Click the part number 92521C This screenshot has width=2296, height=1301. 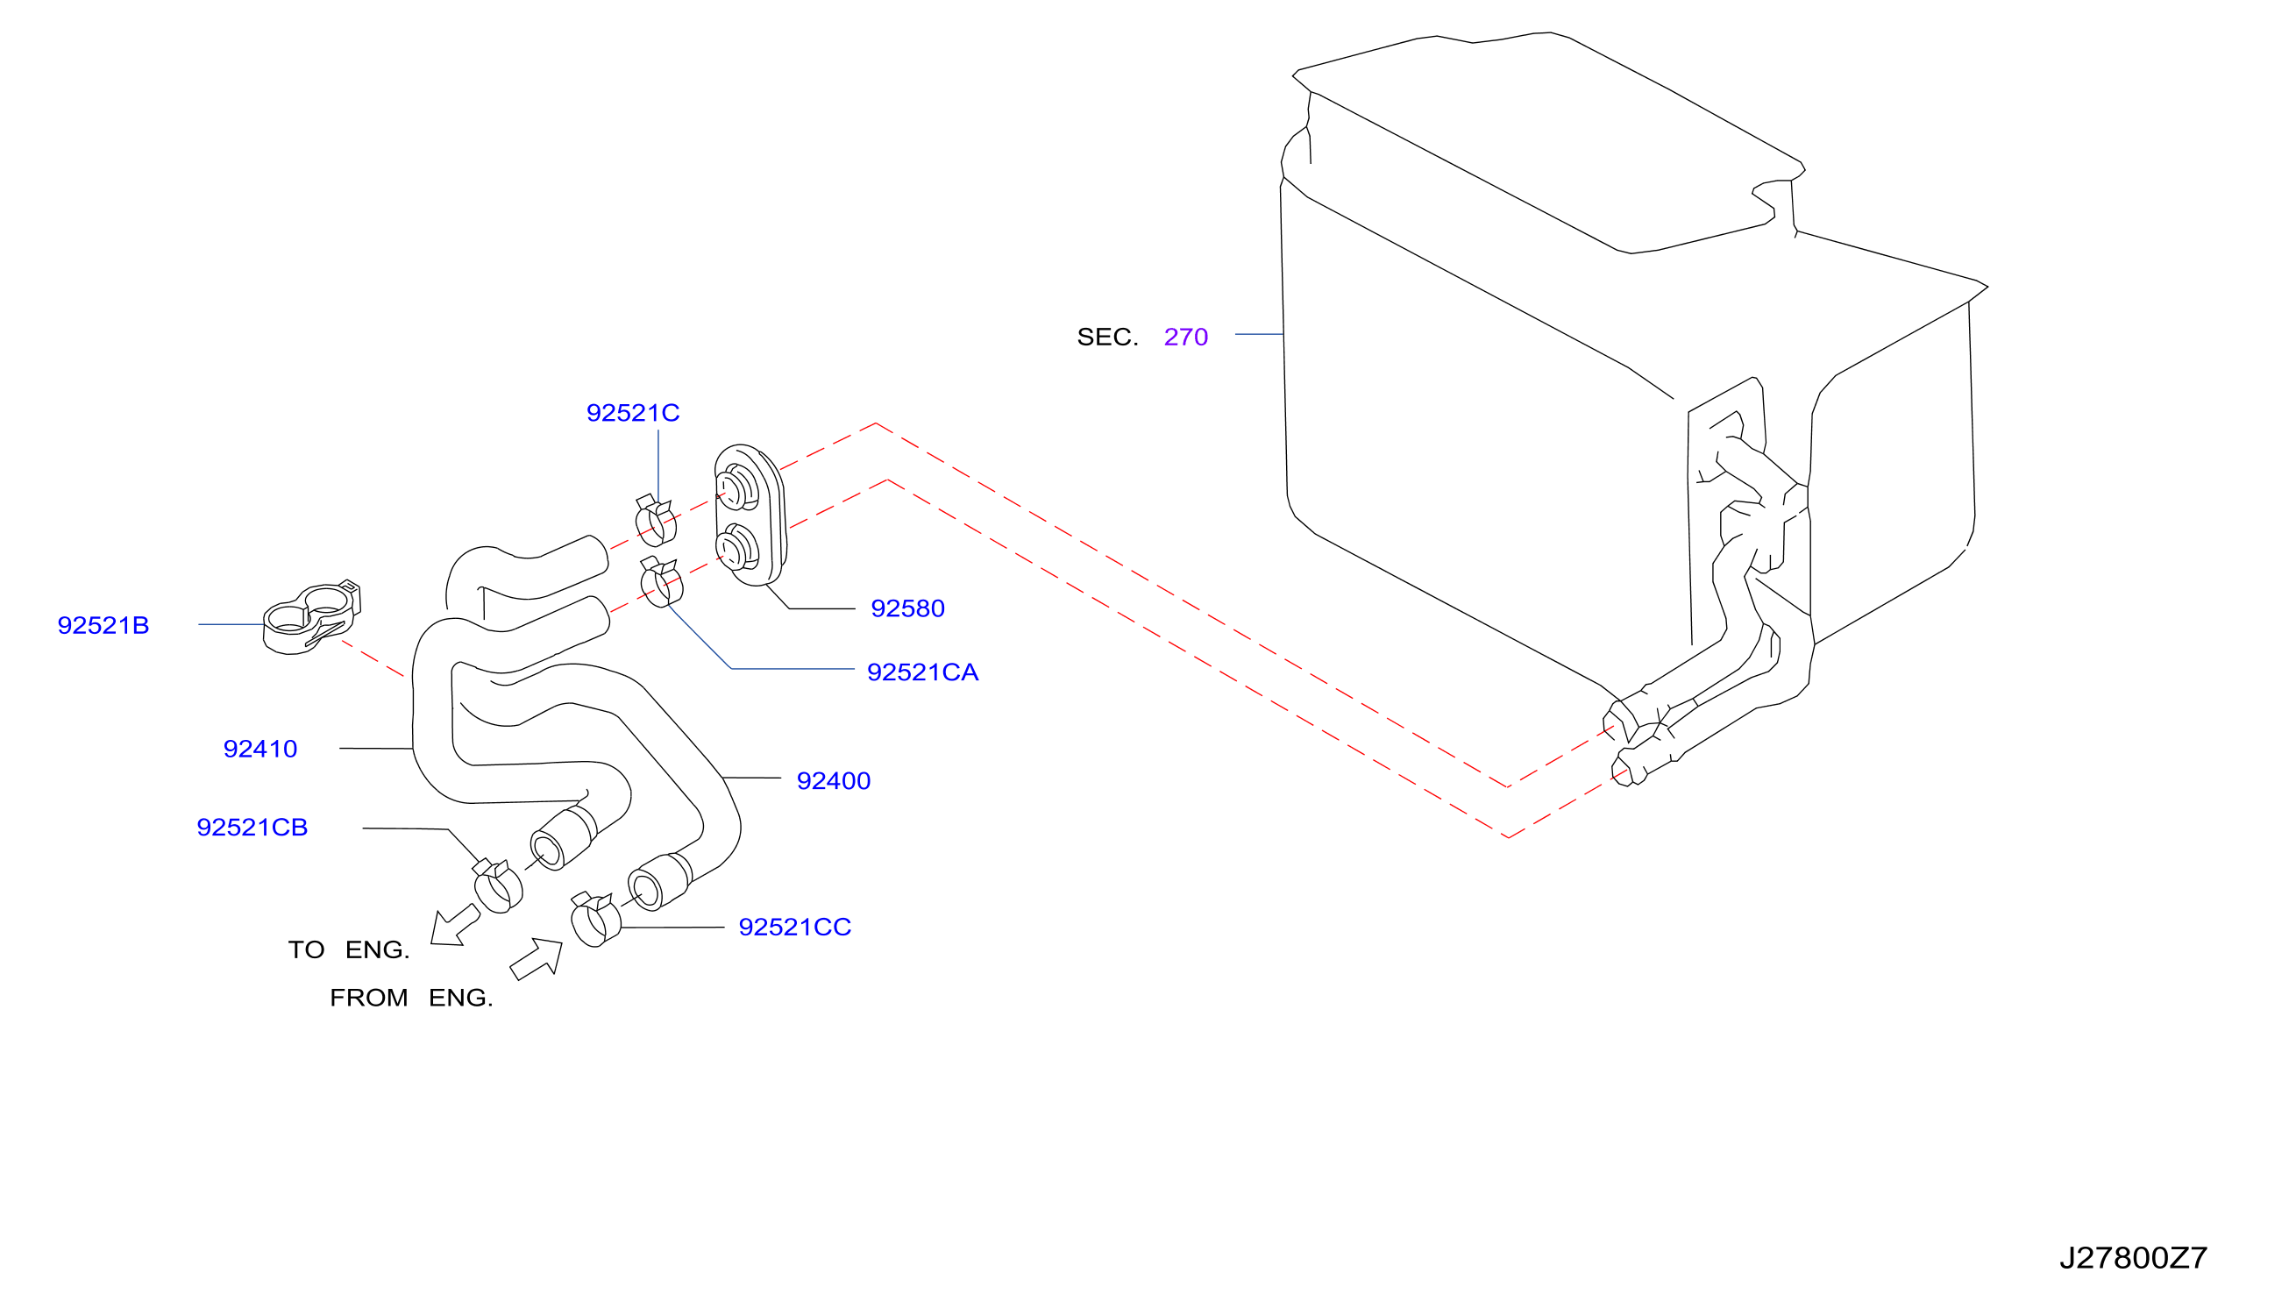[632, 413]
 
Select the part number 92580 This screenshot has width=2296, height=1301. [907, 608]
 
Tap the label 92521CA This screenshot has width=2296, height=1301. [923, 672]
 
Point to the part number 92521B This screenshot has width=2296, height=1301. [103, 625]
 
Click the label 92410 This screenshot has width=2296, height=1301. [260, 749]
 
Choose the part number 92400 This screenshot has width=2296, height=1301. [834, 781]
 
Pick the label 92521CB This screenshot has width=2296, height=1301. [252, 828]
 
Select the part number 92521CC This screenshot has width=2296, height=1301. [795, 928]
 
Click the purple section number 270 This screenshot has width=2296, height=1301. [1185, 337]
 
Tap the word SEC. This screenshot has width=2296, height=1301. [1108, 337]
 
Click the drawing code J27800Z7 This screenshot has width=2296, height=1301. [2134, 1258]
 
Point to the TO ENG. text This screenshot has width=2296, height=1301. [348, 949]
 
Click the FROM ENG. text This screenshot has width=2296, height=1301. [411, 998]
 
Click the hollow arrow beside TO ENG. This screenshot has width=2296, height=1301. [455, 926]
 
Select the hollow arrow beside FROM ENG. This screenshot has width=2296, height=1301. [537, 959]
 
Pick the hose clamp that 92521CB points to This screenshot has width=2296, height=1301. [498, 886]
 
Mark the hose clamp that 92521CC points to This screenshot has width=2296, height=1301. [595, 920]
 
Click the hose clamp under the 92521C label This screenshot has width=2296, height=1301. [656, 520]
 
